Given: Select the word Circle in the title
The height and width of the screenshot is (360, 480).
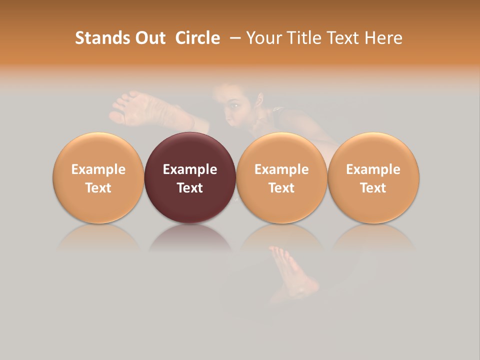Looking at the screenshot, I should (197, 38).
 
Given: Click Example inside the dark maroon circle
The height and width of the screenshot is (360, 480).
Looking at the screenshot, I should (190, 169).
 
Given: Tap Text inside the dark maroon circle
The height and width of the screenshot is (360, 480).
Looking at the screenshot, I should (190, 188).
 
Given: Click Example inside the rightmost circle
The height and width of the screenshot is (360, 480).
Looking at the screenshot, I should (373, 169).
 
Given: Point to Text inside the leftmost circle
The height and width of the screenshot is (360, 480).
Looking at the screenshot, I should (98, 188).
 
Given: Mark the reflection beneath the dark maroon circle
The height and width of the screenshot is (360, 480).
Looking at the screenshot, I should (190, 237).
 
